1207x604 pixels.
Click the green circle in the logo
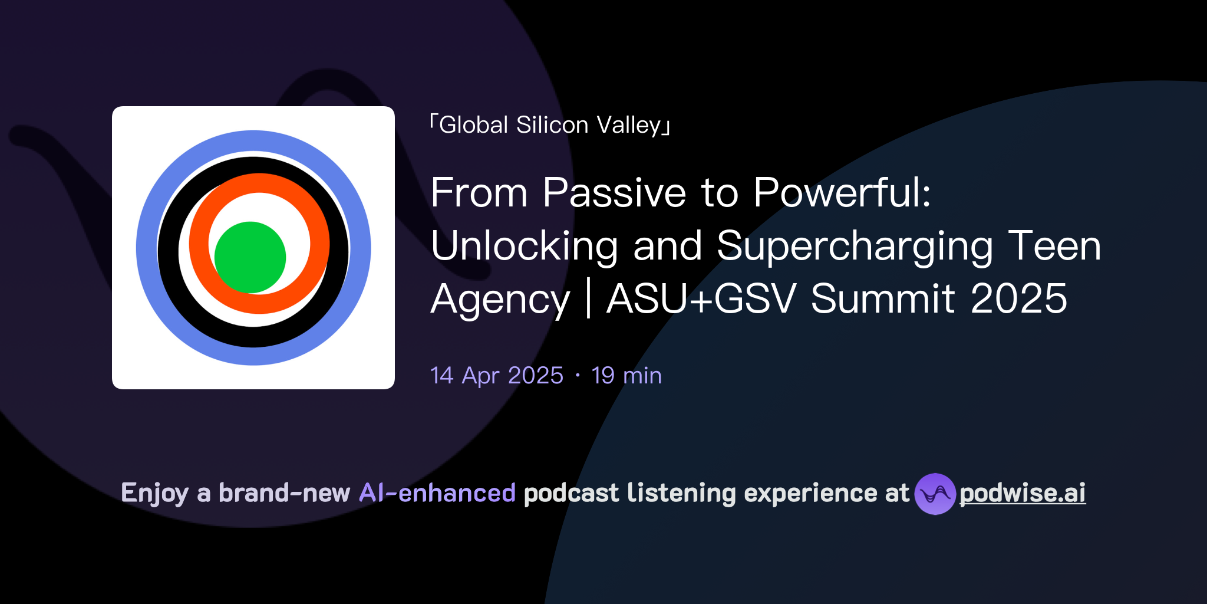[x=250, y=257]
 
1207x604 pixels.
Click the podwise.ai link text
[x=1023, y=493]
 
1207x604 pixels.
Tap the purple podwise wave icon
[x=935, y=494]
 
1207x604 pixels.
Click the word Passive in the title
[x=615, y=193]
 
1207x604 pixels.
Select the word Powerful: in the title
[x=842, y=193]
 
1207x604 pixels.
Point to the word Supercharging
[x=855, y=246]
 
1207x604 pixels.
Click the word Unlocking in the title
[x=525, y=246]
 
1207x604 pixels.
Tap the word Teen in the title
[x=1054, y=246]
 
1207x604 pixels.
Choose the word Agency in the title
[x=500, y=299]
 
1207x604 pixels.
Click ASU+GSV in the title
[x=701, y=299]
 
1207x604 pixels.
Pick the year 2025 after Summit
[x=1018, y=299]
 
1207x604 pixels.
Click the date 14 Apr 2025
[x=497, y=376]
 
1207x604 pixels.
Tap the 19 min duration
[x=626, y=376]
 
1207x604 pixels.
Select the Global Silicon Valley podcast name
[x=550, y=125]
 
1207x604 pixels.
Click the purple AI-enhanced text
[x=437, y=493]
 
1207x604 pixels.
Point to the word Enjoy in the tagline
[x=154, y=493]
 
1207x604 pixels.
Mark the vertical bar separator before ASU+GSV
[x=588, y=299]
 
